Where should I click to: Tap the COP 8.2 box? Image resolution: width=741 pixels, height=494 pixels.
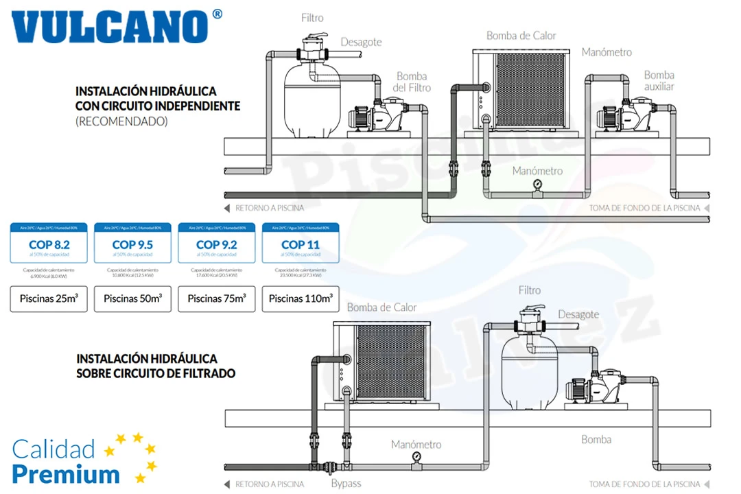[x=49, y=244]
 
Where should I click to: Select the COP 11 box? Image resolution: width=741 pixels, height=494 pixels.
[x=300, y=244]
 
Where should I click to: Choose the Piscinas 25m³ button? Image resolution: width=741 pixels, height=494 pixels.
[x=49, y=298]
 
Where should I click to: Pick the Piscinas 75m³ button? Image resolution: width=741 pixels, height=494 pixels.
[x=216, y=298]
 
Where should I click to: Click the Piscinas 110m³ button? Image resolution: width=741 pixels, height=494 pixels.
[x=301, y=298]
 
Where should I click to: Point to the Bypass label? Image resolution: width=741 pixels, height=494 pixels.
[x=346, y=483]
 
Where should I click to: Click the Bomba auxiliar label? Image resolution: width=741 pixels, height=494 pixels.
[x=659, y=80]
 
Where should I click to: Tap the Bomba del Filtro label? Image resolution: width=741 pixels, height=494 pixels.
[x=412, y=82]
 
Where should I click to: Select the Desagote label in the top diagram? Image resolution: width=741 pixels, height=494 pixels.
[x=361, y=42]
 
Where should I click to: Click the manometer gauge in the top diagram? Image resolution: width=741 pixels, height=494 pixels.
[x=537, y=185]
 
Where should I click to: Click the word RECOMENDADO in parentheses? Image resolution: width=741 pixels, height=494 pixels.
[x=121, y=121]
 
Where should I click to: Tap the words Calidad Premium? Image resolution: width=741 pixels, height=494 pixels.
[x=65, y=461]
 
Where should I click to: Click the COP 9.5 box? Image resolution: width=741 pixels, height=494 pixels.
[x=132, y=244]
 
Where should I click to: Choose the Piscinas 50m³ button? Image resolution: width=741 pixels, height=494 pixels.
[x=132, y=298]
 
